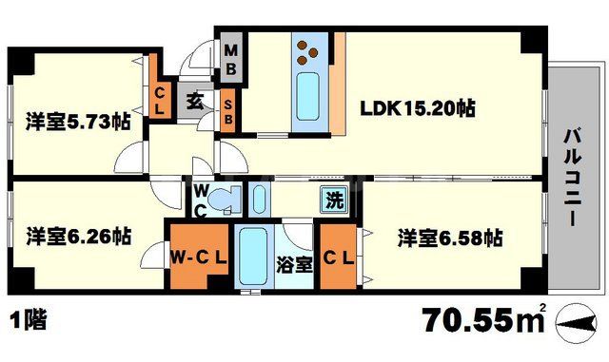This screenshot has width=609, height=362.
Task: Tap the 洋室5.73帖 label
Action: (77, 123)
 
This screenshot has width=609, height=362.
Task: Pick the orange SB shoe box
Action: (229, 111)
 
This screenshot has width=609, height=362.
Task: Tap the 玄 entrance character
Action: (193, 99)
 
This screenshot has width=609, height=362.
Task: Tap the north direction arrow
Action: (582, 324)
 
